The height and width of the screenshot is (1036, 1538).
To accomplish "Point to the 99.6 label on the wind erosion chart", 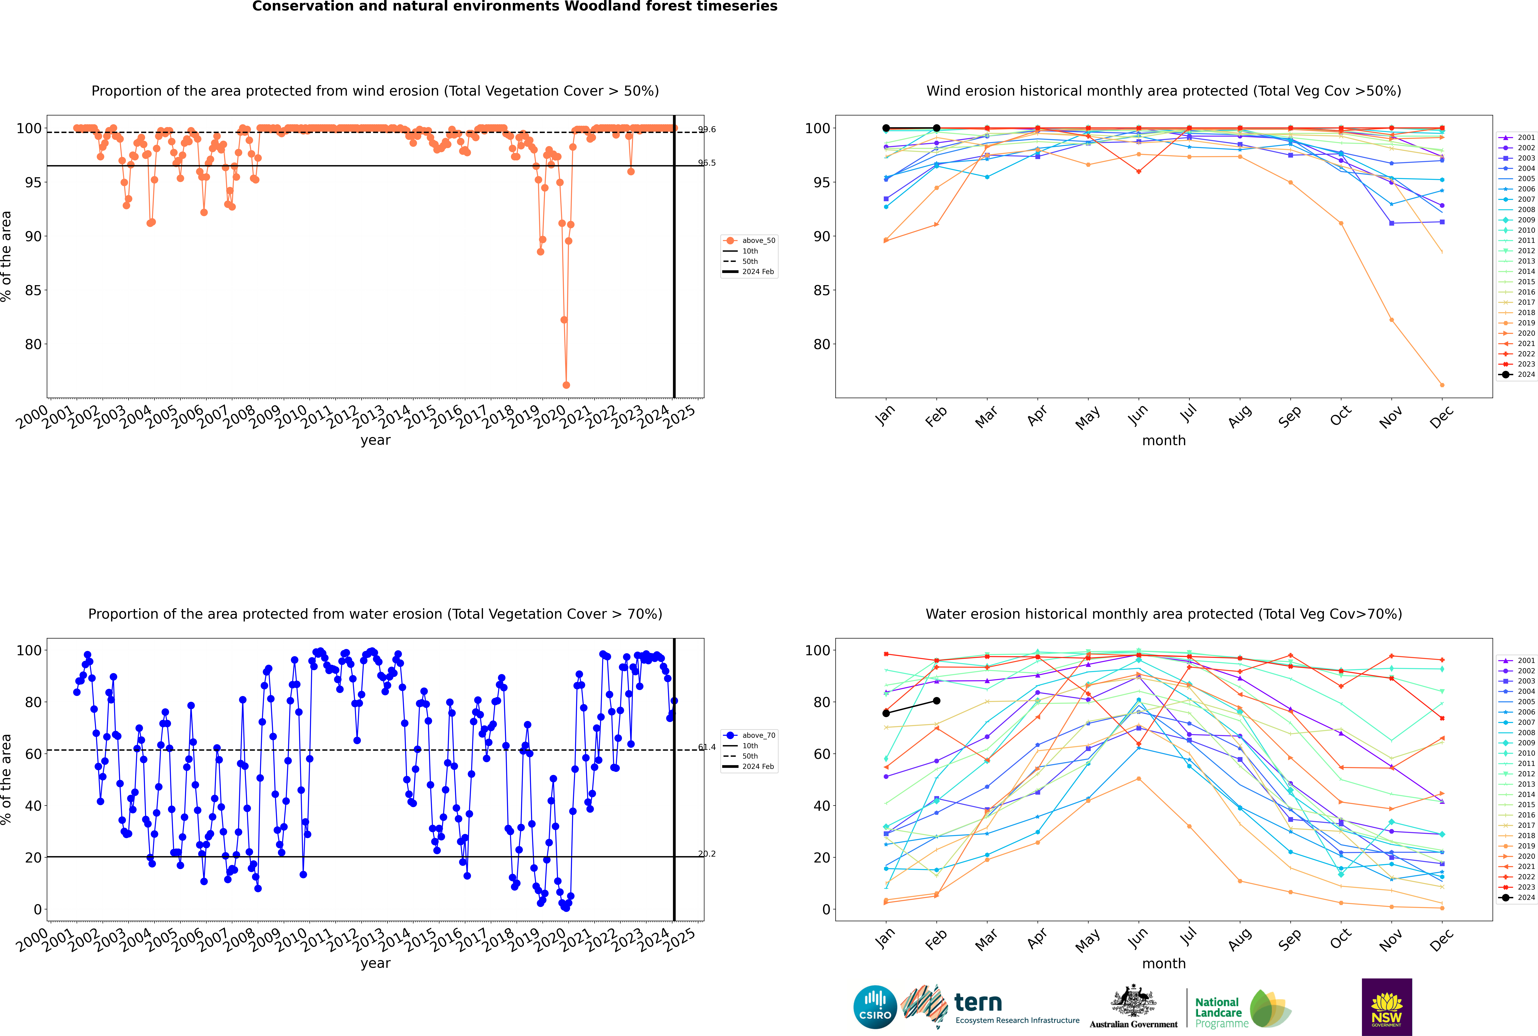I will pyautogui.click(x=707, y=130).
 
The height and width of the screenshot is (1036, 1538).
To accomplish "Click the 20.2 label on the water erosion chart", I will pyautogui.click(x=707, y=854).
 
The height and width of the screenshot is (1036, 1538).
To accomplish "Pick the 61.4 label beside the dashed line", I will pyautogui.click(x=707, y=747).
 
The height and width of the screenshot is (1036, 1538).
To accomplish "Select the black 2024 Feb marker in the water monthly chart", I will pyautogui.click(x=936, y=701).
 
